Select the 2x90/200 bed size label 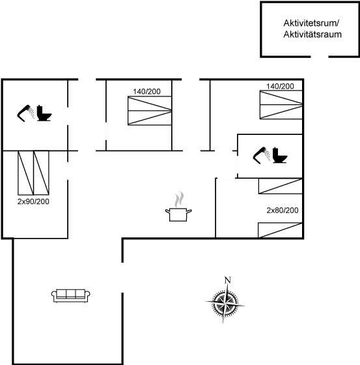point(33,202)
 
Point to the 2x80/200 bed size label point(282,211)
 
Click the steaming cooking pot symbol point(180,208)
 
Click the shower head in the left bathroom point(27,112)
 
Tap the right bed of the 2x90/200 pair point(41,170)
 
